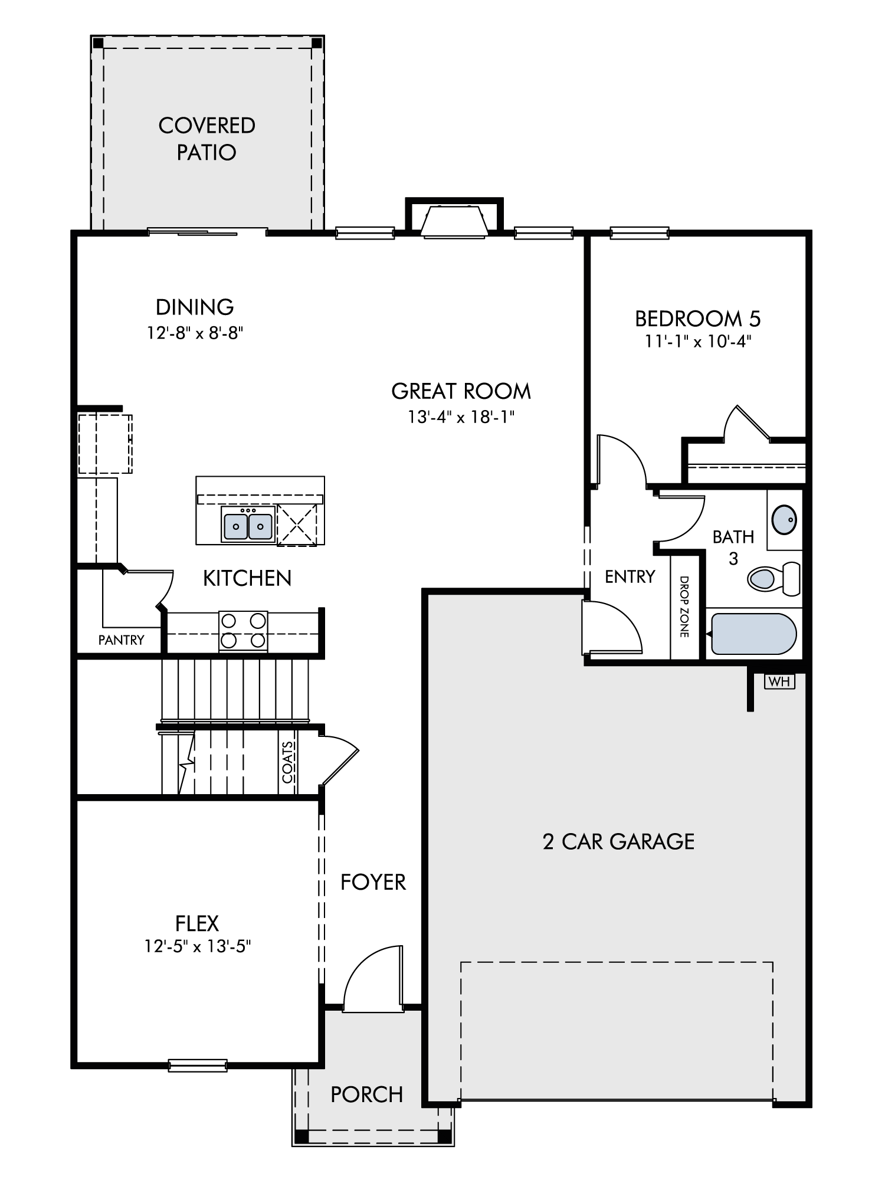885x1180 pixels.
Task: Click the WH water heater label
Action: point(779,681)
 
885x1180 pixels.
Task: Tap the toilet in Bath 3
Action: point(773,578)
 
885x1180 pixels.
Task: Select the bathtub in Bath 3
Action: point(754,634)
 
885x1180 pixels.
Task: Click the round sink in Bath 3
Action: point(785,520)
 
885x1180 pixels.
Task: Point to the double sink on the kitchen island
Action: point(248,523)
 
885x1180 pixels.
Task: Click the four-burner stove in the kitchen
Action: point(243,631)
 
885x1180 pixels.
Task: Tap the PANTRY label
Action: point(121,640)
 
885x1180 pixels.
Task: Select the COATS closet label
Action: point(287,762)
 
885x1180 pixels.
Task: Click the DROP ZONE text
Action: point(684,607)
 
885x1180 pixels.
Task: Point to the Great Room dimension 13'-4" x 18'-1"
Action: point(461,417)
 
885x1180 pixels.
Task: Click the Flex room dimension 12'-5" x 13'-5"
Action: point(198,946)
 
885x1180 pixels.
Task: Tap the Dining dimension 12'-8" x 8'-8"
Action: point(195,333)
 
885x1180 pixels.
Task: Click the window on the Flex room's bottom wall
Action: point(198,1065)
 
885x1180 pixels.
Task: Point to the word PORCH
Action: point(366,1094)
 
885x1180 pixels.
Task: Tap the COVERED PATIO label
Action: point(206,139)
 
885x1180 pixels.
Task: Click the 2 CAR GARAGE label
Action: point(618,841)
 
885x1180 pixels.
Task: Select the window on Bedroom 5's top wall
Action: point(640,233)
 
